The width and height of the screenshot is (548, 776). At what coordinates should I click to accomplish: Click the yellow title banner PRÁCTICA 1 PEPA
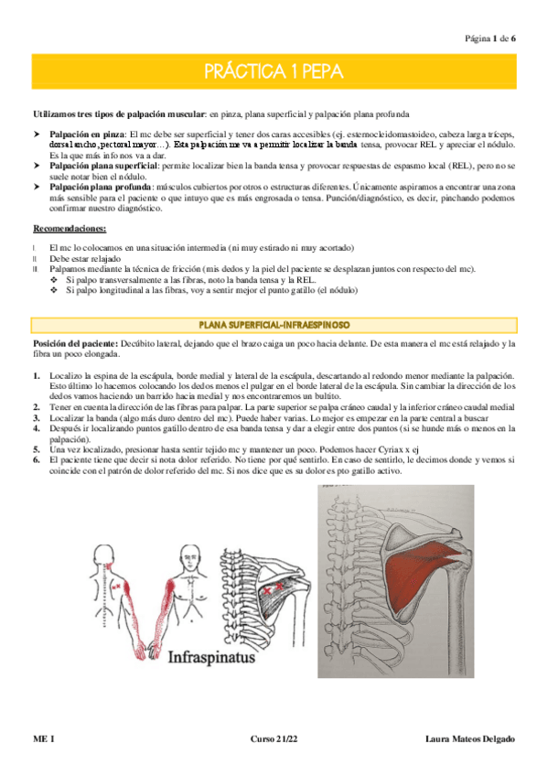click(x=274, y=70)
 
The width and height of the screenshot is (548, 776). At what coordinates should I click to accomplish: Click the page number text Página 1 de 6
click(x=490, y=38)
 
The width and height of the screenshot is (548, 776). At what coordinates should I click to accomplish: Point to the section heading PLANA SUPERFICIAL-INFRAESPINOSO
click(x=274, y=325)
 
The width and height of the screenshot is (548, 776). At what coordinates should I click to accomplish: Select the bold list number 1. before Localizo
click(x=36, y=376)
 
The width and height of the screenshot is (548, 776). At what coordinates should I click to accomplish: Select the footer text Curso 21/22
click(x=274, y=738)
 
